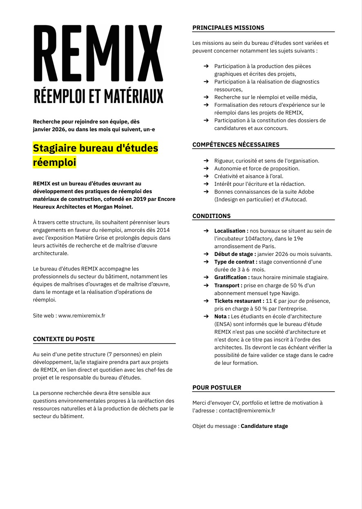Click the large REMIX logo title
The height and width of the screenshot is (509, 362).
tap(98, 53)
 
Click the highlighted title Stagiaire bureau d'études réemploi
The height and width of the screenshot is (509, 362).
tap(95, 155)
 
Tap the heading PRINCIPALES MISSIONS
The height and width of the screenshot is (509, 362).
tap(228, 28)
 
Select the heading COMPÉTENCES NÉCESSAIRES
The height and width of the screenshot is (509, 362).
tap(236, 145)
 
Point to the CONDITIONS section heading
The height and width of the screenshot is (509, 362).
tap(211, 216)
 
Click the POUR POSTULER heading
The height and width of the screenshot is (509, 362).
tap(217, 388)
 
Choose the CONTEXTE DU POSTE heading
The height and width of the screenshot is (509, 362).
tap(64, 339)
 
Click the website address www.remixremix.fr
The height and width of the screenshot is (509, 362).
tap(82, 315)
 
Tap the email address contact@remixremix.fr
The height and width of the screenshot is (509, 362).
tap(247, 410)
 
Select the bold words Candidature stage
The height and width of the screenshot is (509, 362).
tap(264, 426)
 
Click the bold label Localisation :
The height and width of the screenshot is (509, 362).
tap(231, 231)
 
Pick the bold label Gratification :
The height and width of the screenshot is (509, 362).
tap(232, 278)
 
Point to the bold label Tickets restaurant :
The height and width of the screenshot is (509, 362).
tap(239, 301)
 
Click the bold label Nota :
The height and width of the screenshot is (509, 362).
tap(222, 316)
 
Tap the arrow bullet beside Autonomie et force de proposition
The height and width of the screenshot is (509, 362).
tap(206, 168)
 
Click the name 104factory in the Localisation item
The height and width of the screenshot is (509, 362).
tap(250, 238)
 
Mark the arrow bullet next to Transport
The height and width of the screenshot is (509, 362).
tap(206, 285)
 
